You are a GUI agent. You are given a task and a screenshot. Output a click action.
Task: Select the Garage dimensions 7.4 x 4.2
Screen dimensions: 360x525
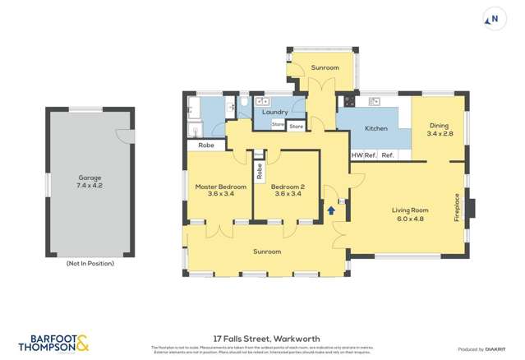(90, 185)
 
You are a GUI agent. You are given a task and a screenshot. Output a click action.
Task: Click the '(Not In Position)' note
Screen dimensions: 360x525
(90, 263)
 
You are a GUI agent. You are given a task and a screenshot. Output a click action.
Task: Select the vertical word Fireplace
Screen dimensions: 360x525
(458, 205)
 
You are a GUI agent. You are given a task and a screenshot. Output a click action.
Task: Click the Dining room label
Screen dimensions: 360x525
(439, 126)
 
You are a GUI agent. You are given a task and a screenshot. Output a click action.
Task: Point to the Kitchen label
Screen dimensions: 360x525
(376, 129)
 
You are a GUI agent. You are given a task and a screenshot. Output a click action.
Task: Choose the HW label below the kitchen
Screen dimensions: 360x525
(357, 155)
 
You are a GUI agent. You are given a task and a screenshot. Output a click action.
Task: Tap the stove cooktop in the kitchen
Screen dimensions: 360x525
(348, 102)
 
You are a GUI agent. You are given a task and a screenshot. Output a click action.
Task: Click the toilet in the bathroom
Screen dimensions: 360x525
(244, 104)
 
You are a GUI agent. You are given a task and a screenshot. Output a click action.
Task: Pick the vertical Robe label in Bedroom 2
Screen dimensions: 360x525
(260, 171)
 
